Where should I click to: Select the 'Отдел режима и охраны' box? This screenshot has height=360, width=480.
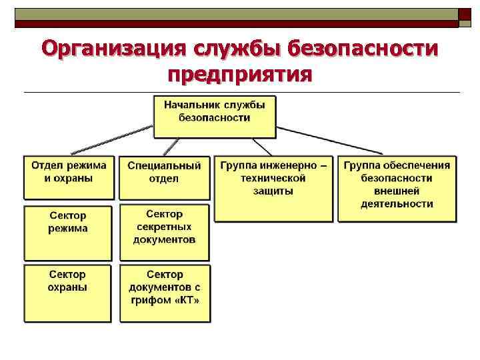69,177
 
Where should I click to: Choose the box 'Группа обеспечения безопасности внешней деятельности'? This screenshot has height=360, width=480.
397,189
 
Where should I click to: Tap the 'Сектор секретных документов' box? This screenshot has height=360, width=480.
164,231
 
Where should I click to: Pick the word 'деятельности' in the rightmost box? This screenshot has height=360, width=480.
397,204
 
